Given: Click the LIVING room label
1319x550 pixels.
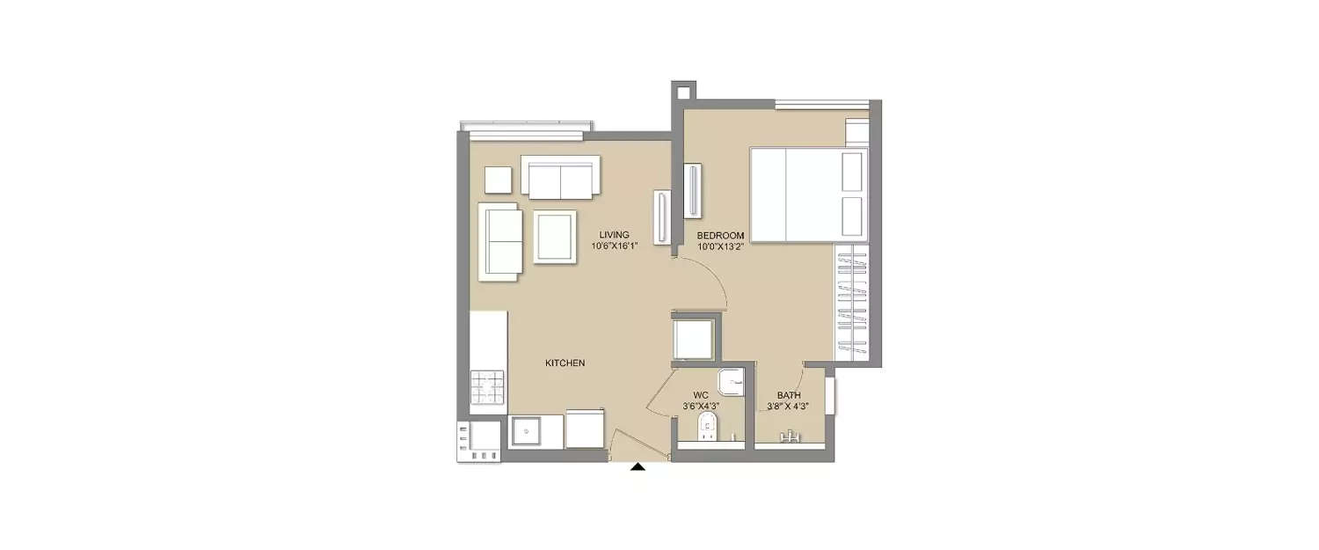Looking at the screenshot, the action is click(x=614, y=235).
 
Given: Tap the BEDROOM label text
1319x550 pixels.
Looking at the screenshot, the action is click(x=720, y=236).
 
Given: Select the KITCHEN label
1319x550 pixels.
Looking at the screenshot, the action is click(x=565, y=363).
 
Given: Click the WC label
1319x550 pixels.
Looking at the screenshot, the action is click(x=701, y=395).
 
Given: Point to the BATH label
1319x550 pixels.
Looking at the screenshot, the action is click(x=789, y=395).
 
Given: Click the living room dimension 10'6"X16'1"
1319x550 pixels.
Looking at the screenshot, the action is click(x=615, y=246).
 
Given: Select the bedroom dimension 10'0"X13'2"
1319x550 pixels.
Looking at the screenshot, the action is click(x=721, y=247).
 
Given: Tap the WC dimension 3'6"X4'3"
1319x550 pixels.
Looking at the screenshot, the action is click(x=701, y=407).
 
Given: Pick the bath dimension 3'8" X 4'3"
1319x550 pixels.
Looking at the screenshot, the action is click(x=788, y=407).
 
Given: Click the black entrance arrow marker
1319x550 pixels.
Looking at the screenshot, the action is click(x=638, y=467).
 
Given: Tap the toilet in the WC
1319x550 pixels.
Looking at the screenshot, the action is click(x=707, y=427).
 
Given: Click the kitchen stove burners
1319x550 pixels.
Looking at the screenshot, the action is click(x=487, y=387).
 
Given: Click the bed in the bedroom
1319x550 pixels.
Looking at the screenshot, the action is click(x=809, y=194).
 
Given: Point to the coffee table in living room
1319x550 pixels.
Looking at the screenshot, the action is click(x=555, y=237).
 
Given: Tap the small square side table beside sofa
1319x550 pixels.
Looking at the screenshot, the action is click(x=499, y=180).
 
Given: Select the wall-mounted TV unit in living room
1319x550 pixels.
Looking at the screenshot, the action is click(x=662, y=216).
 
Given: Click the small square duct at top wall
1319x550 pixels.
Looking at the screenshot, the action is click(x=683, y=92).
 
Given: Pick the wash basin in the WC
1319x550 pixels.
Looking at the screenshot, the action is click(x=731, y=383).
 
